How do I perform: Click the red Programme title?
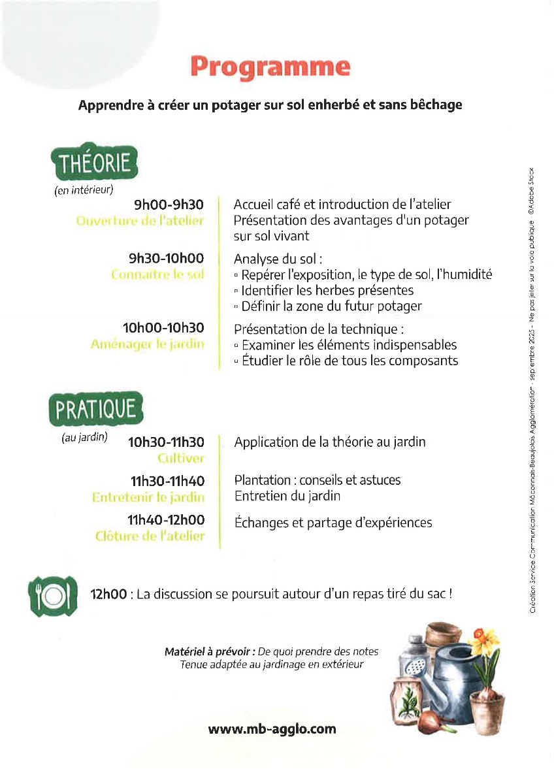point(270,67)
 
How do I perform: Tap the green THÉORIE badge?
point(95,163)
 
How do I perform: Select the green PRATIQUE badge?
point(95,410)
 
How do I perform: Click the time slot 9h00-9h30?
point(169,205)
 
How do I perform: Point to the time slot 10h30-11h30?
point(166,442)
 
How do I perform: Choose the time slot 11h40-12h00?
point(166,520)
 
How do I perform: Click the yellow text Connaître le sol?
point(157,274)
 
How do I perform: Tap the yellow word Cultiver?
point(180,459)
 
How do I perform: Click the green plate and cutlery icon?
point(52,596)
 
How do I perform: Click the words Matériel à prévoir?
point(210,652)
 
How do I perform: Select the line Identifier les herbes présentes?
point(324,290)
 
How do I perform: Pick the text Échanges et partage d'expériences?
point(333,523)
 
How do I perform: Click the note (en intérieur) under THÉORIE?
point(84,191)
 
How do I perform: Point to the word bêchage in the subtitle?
point(429,105)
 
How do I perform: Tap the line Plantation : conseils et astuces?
point(318,480)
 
